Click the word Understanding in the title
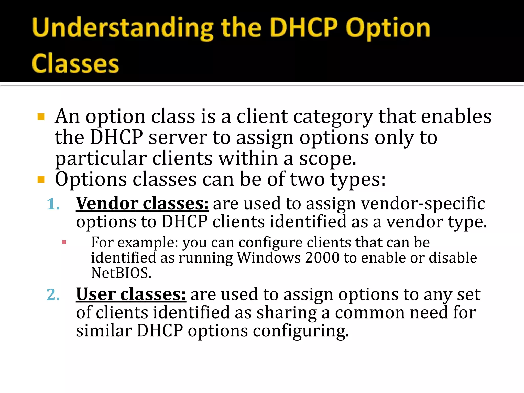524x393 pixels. pyautogui.click(x=123, y=29)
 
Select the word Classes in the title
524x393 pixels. pyautogui.click(x=75, y=63)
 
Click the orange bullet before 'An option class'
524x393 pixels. pyautogui.click(x=41, y=117)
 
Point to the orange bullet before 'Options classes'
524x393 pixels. pyautogui.click(x=41, y=180)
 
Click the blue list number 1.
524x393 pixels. pyautogui.click(x=53, y=204)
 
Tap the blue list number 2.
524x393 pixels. pyautogui.click(x=53, y=295)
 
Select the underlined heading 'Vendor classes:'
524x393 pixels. pyautogui.click(x=142, y=204)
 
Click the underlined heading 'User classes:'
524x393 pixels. pyautogui.click(x=131, y=294)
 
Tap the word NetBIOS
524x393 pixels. pyautogui.click(x=121, y=273)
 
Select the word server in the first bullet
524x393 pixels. pyautogui.click(x=178, y=138)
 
